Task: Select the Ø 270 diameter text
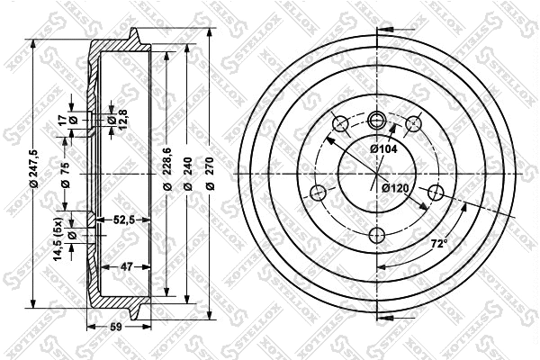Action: click(209, 173)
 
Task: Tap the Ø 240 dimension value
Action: click(187, 173)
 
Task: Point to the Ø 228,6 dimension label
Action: click(168, 173)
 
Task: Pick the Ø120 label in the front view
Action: click(395, 188)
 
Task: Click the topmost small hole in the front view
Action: click(377, 118)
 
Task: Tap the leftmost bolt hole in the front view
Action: click(317, 191)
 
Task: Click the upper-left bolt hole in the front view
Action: click(340, 123)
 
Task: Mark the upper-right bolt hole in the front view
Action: click(414, 123)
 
